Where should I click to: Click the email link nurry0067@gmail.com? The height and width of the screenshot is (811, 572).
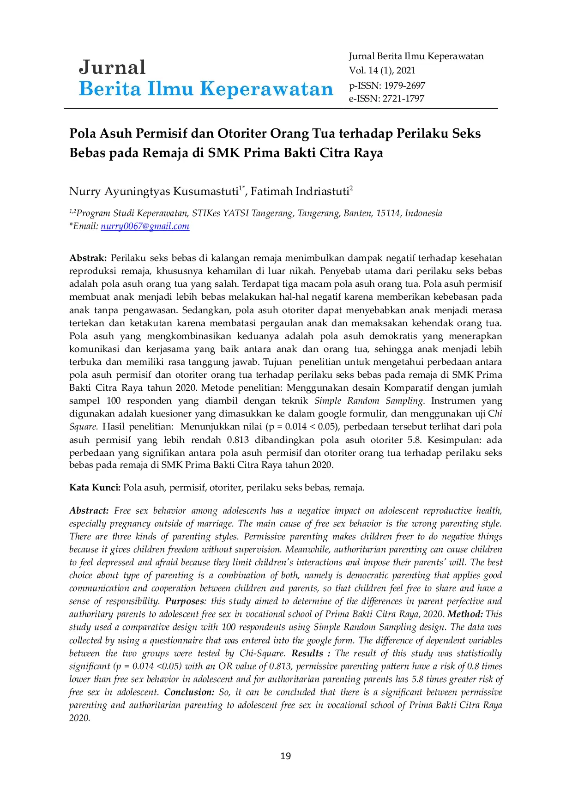click(x=145, y=226)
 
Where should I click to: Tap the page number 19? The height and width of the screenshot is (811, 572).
click(x=286, y=756)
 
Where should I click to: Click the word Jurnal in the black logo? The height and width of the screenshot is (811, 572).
click(x=112, y=67)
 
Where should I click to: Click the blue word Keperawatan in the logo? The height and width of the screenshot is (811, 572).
click(x=267, y=89)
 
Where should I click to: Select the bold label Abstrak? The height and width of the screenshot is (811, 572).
click(x=88, y=258)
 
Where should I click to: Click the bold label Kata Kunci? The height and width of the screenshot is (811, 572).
click(x=95, y=488)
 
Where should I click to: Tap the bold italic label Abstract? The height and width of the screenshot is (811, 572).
click(x=89, y=511)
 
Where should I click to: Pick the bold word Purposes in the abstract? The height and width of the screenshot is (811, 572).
click(x=184, y=601)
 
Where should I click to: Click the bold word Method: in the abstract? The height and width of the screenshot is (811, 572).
click(x=465, y=614)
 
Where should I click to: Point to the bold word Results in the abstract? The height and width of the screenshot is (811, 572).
click(x=307, y=654)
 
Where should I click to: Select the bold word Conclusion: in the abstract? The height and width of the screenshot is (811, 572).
click(x=190, y=692)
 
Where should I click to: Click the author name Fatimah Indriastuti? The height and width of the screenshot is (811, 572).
click(x=300, y=192)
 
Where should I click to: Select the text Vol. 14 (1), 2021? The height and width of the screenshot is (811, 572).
click(x=382, y=71)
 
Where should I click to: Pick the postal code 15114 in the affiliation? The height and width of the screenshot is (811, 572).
click(x=388, y=213)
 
